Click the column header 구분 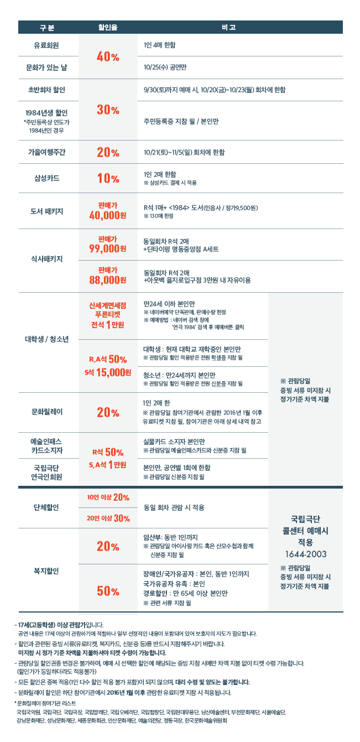pyautogui.click(x=47, y=27)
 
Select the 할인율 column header pyautogui.click(x=108, y=27)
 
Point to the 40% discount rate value pyautogui.click(x=108, y=56)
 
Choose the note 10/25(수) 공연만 pyautogui.click(x=164, y=68)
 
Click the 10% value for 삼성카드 pyautogui.click(x=108, y=178)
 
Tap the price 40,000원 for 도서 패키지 pyautogui.click(x=108, y=215)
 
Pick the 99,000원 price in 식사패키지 pyautogui.click(x=108, y=248)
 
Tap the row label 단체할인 pyautogui.click(x=47, y=507)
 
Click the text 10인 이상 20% pyautogui.click(x=108, y=496)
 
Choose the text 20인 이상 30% pyautogui.click(x=108, y=518)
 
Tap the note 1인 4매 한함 pyautogui.click(x=160, y=44)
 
